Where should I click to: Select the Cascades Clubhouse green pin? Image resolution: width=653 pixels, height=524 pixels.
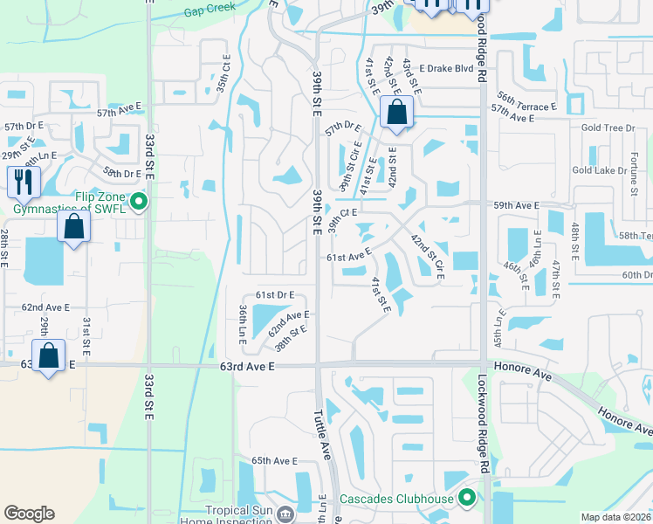[467, 499]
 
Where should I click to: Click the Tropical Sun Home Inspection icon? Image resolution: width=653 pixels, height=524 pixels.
[285, 514]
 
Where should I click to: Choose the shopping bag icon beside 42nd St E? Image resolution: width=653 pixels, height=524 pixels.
[396, 113]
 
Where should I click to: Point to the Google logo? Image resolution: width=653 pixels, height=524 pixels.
[30, 514]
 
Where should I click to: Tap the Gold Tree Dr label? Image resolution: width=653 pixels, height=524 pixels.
[608, 128]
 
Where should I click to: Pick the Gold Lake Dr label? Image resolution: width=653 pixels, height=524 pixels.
[599, 170]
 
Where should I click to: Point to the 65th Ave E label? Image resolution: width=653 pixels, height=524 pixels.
[275, 460]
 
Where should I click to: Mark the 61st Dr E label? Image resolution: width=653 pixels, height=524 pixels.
[274, 295]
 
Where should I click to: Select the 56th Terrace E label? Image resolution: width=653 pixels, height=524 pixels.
[524, 107]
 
